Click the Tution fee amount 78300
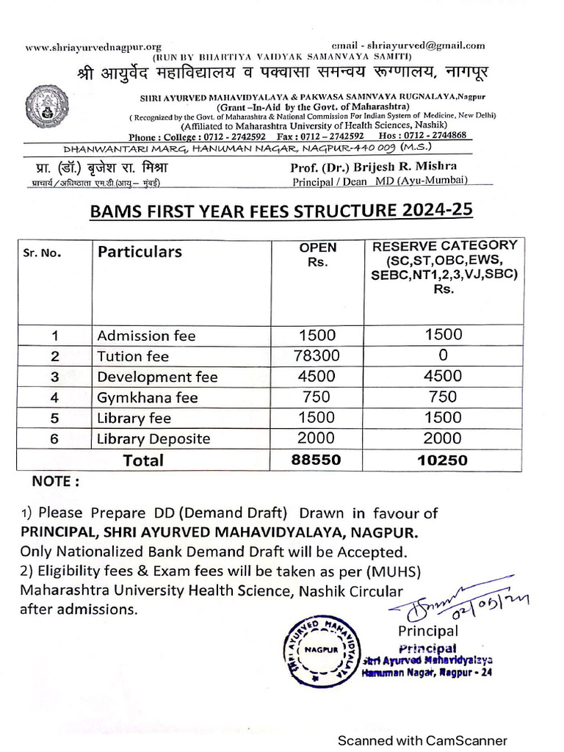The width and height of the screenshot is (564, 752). point(317,356)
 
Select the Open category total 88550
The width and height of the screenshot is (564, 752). point(317,460)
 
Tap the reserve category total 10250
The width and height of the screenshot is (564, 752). point(444,460)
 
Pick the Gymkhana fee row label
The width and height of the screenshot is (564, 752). point(148,397)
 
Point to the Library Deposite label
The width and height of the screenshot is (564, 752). point(153,439)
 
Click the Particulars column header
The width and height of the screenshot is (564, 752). point(140,252)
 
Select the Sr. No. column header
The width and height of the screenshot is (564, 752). point(43,253)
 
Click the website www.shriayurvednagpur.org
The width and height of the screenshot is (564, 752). point(94,47)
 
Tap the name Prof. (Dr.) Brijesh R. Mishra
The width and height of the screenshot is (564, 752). point(374,166)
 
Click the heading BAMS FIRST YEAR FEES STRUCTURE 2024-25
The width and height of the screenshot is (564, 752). point(281,212)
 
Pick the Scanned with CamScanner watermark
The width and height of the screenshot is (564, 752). point(422,740)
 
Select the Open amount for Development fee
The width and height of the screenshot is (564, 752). point(317,377)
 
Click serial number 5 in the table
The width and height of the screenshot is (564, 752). point(54,419)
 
